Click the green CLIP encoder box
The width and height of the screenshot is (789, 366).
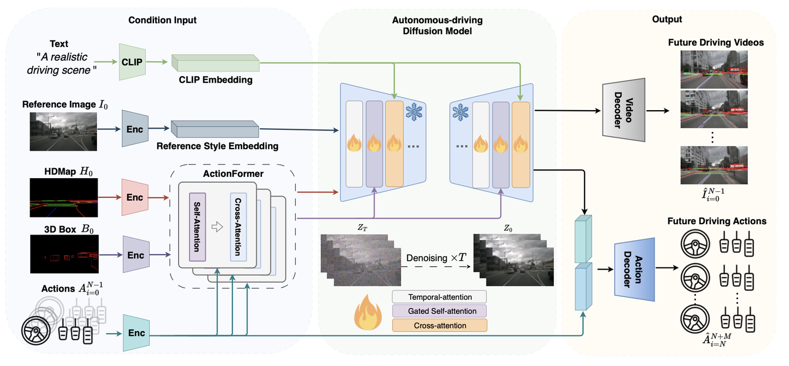[x=132, y=62]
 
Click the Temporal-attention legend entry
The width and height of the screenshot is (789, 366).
[x=439, y=298]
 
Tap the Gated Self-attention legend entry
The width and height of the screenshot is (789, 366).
[x=439, y=311]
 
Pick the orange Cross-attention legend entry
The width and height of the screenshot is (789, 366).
[x=439, y=325]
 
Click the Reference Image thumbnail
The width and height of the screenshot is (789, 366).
[x=64, y=131]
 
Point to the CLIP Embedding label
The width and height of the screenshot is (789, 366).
[x=216, y=80]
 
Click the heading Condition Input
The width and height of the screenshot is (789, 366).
[x=162, y=20]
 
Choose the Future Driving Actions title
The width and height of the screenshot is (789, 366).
[x=717, y=221]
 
